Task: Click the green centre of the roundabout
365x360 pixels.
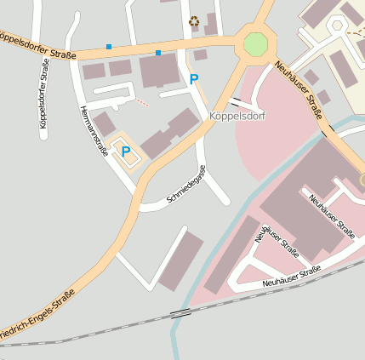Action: (255, 44)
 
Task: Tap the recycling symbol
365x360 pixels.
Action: (194, 21)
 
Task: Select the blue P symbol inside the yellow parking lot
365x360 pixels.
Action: (126, 151)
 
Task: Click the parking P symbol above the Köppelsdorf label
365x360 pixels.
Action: (194, 79)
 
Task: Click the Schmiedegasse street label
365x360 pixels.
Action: (187, 190)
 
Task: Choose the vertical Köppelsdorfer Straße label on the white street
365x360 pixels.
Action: (43, 93)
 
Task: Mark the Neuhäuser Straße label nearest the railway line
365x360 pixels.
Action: (291, 276)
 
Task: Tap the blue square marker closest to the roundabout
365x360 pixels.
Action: (157, 54)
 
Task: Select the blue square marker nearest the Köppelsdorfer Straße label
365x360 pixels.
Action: (108, 46)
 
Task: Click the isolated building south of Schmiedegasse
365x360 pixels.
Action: (181, 260)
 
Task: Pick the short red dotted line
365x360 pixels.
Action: (142, 103)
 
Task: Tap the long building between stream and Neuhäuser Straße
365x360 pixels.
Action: (231, 255)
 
